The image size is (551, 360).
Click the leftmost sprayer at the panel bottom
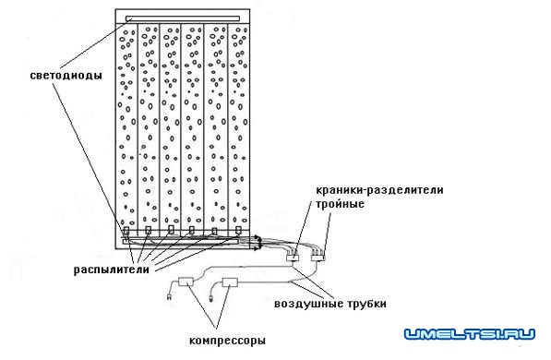click(x=126, y=232)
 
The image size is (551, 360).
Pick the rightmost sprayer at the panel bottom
click(x=238, y=231)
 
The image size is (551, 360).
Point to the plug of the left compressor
click(x=168, y=297)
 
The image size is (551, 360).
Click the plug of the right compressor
click(x=213, y=297)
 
